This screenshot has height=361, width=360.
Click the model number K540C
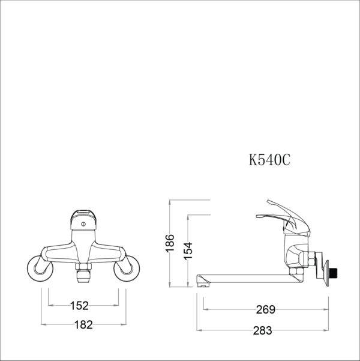[x=269, y=160]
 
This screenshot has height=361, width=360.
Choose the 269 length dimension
[x=265, y=310]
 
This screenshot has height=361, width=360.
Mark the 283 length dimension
[x=262, y=330]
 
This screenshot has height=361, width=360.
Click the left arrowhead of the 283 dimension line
[x=201, y=330]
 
